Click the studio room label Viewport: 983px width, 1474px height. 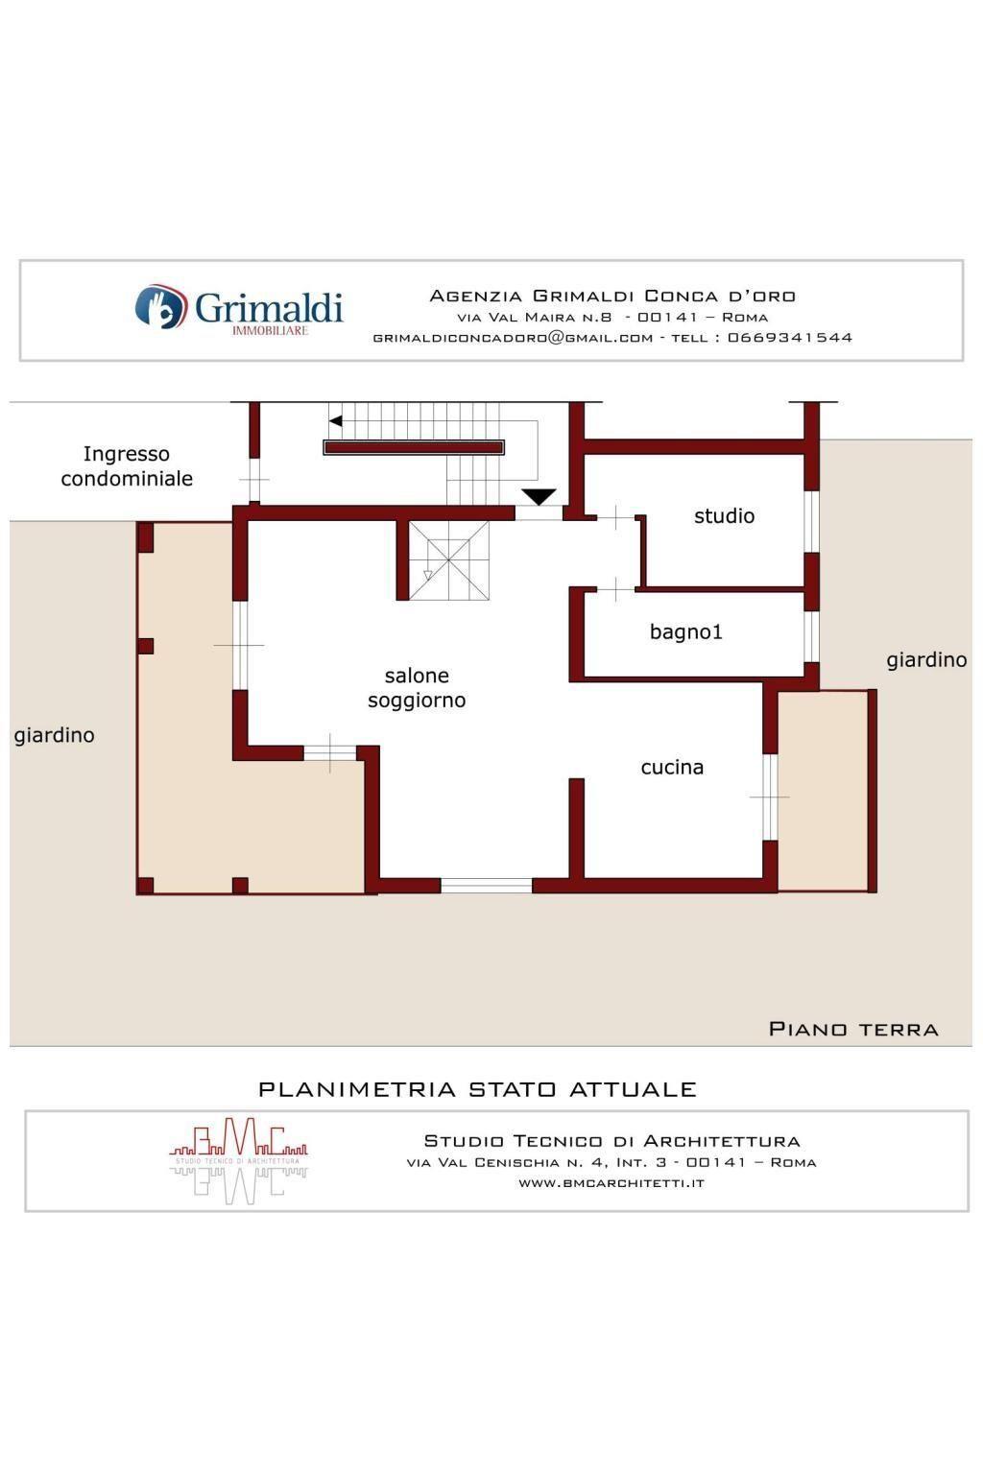[x=724, y=516]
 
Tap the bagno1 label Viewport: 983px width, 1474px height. [x=686, y=631]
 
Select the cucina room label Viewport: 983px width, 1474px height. [x=672, y=768]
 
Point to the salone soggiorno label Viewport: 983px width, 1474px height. [x=417, y=688]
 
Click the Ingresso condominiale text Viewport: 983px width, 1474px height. [x=127, y=465]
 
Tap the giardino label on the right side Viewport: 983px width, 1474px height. [x=926, y=660]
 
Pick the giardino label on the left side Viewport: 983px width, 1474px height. [x=54, y=735]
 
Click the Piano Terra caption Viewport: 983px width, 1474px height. [x=853, y=1029]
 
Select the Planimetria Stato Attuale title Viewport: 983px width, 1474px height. [x=477, y=1090]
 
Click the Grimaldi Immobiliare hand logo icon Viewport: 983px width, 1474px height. [x=160, y=307]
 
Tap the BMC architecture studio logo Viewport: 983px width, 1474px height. [x=238, y=1160]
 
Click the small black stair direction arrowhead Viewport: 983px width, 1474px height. [x=336, y=421]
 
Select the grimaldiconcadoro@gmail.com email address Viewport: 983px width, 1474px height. [x=513, y=338]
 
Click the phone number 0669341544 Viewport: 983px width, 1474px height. [x=789, y=338]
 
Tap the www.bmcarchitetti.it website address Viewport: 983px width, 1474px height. [x=611, y=1183]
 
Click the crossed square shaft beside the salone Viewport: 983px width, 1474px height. [x=449, y=560]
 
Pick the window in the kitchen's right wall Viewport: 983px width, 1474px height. [x=770, y=796]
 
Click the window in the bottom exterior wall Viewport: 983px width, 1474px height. [x=487, y=886]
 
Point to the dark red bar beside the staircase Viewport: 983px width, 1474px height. [x=414, y=447]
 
